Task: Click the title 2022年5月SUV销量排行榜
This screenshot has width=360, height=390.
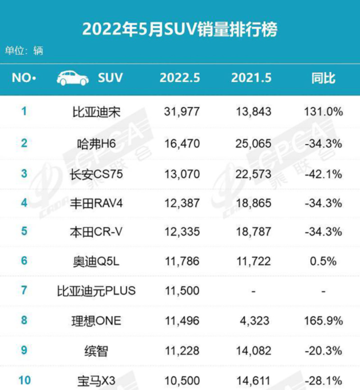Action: (180, 29)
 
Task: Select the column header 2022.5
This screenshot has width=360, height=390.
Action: (180, 78)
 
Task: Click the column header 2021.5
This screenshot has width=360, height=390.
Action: (251, 78)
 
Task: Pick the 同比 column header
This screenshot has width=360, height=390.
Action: (323, 78)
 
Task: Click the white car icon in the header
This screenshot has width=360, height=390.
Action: (73, 78)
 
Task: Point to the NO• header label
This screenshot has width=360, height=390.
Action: (23, 78)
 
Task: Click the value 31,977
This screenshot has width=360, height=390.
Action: (180, 112)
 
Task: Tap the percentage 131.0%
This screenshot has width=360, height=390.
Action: (323, 112)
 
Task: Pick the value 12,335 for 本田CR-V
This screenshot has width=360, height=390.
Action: (180, 232)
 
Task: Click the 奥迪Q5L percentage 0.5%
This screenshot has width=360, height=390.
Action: (323, 261)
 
